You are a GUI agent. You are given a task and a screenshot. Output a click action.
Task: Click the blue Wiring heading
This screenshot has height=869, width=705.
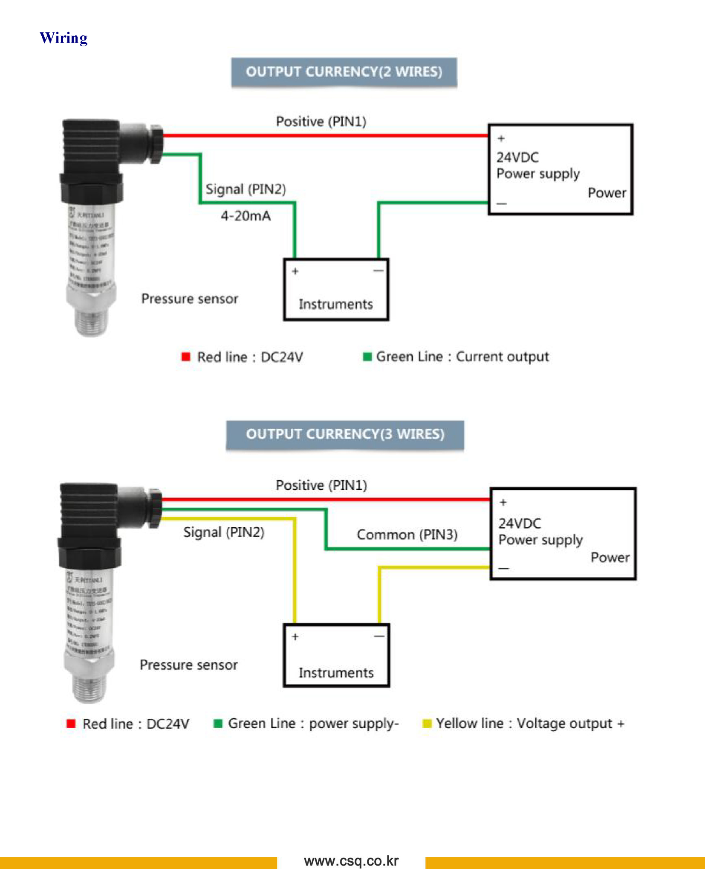64,38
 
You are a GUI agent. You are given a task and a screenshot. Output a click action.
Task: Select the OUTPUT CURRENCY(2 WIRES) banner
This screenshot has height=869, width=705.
344,72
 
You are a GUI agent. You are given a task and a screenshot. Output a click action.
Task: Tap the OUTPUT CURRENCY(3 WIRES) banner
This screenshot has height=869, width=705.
345,434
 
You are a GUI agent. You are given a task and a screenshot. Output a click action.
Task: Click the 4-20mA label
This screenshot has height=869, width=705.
246,216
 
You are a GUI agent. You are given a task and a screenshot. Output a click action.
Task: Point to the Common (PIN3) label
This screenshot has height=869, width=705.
407,535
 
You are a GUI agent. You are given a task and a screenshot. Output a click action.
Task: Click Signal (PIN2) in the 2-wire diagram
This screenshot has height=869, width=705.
246,189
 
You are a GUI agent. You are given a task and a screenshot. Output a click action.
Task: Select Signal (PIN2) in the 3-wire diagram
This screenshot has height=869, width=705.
224,532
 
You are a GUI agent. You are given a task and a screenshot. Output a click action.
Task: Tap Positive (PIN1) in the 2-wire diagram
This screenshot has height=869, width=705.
321,122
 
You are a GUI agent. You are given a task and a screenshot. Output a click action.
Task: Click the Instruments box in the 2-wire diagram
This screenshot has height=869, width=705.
336,290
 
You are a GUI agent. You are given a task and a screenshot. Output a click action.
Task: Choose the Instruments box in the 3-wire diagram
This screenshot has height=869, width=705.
336,656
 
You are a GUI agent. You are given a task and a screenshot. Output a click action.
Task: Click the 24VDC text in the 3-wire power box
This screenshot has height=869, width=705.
520,523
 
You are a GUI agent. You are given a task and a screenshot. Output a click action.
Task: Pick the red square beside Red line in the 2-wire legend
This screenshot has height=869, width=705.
186,357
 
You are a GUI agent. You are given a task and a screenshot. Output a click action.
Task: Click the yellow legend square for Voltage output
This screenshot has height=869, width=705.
427,724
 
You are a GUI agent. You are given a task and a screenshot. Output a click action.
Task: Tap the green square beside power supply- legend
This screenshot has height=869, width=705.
218,724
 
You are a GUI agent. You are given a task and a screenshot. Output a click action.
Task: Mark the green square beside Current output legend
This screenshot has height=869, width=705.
367,357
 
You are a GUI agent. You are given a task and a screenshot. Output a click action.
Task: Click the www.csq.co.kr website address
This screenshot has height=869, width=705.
351,860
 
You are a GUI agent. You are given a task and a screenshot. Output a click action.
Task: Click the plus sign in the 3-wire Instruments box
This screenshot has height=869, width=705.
295,637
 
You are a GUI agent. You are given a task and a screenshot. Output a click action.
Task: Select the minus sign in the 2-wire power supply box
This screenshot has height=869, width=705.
502,204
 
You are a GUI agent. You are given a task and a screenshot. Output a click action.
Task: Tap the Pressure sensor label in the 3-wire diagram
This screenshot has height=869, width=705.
189,665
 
